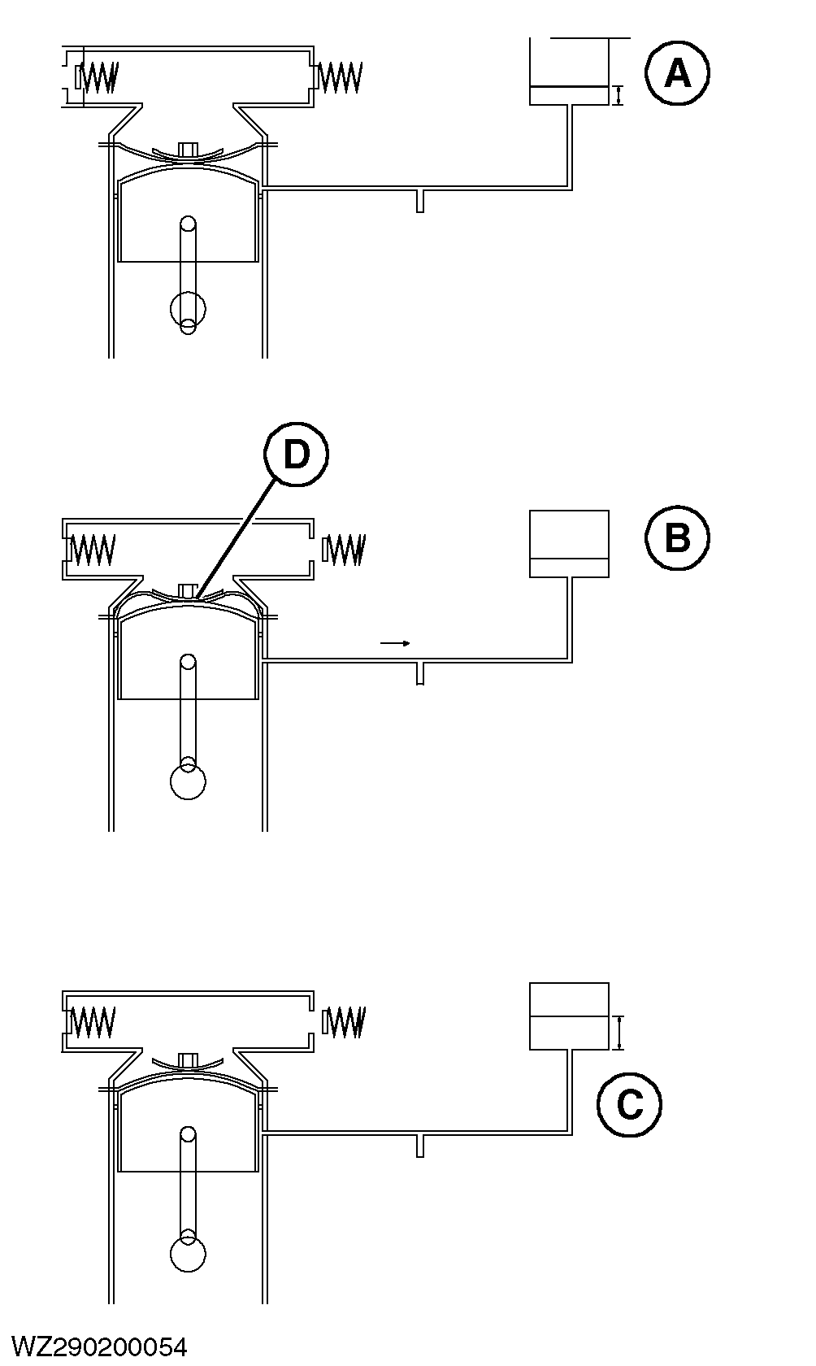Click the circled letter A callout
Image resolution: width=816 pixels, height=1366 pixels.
[x=677, y=74]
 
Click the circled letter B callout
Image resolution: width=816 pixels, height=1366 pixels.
[x=677, y=538]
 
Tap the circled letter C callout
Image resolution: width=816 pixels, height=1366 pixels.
[x=629, y=1105]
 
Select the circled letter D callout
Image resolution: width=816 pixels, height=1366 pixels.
[x=296, y=455]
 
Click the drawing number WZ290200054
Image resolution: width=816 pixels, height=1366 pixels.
[x=100, y=1346]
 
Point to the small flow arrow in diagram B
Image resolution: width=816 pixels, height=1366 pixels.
[x=395, y=643]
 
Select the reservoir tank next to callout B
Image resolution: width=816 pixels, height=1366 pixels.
[x=569, y=544]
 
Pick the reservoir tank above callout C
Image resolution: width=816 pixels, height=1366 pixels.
[x=569, y=1016]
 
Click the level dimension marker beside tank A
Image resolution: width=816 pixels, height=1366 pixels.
[x=619, y=96]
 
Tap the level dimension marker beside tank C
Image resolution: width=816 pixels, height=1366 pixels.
[x=620, y=1033]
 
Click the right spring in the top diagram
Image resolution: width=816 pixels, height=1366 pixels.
[x=340, y=77]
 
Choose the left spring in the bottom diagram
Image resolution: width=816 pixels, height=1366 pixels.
[x=92, y=1022]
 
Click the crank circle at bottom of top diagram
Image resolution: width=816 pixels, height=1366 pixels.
[x=188, y=309]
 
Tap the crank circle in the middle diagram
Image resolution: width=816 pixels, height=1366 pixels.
[x=188, y=782]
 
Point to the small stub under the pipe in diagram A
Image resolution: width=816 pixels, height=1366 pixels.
[x=419, y=201]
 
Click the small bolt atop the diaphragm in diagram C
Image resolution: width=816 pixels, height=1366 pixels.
[x=189, y=1059]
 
